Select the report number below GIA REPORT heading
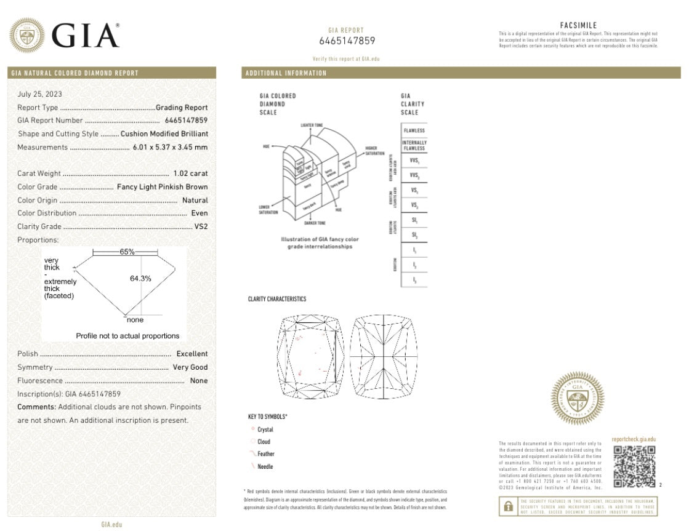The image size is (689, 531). click(347, 41)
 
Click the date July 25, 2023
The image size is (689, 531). click(39, 94)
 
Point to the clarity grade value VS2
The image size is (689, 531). click(201, 226)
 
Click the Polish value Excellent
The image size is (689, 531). click(191, 354)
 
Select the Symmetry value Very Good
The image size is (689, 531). click(190, 367)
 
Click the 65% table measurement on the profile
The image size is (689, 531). click(127, 252)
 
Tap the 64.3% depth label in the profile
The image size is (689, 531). click(140, 278)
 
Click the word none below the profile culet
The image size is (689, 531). click(135, 320)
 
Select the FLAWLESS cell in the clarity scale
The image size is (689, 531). click(413, 131)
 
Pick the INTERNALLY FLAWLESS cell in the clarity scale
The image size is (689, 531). click(413, 145)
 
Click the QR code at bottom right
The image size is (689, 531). click(634, 466)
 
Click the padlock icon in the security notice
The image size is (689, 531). click(509, 506)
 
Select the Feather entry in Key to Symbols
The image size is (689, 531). click(265, 454)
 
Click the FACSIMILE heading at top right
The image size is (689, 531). click(578, 25)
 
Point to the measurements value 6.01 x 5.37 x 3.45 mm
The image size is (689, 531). click(170, 147)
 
